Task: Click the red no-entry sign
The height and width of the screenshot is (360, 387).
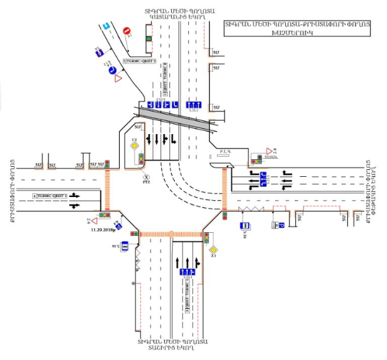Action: tap(126, 30)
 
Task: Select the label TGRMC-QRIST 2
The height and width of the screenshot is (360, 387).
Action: tap(139, 61)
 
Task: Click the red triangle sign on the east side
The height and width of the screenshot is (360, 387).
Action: tap(269, 151)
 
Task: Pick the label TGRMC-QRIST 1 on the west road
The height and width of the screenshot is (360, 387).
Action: tap(51, 196)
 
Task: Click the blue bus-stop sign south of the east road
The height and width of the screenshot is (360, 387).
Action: tap(245, 226)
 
